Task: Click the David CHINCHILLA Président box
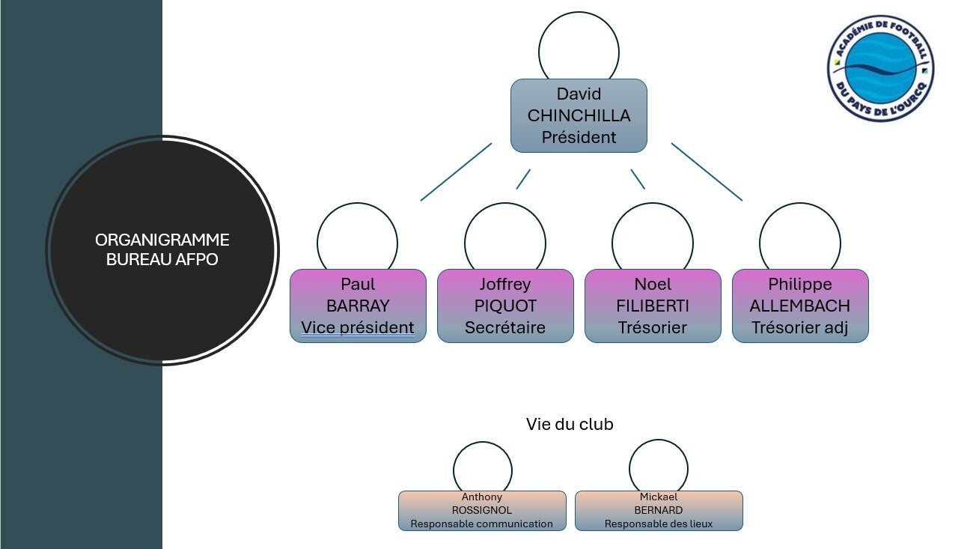pos(579,115)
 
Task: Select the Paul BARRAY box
pos(358,306)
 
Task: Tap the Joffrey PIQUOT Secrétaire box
pos(505,306)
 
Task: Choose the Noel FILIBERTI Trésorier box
pos(653,306)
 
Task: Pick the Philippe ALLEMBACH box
pos(800,306)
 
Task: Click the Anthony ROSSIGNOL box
pos(482,511)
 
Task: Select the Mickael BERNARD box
pos(659,511)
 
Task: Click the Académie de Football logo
pos(880,68)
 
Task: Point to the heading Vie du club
pos(570,425)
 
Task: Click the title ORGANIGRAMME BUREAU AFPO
pos(162,250)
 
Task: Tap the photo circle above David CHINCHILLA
pos(579,46)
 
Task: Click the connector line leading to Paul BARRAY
pos(456,172)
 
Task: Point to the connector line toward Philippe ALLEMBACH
pos(707,172)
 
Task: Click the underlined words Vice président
pos(358,328)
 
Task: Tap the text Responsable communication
pos(482,524)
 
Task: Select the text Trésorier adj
pos(800,328)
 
